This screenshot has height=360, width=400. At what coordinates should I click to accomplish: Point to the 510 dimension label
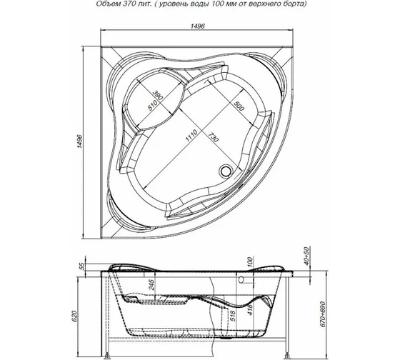(151, 108)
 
